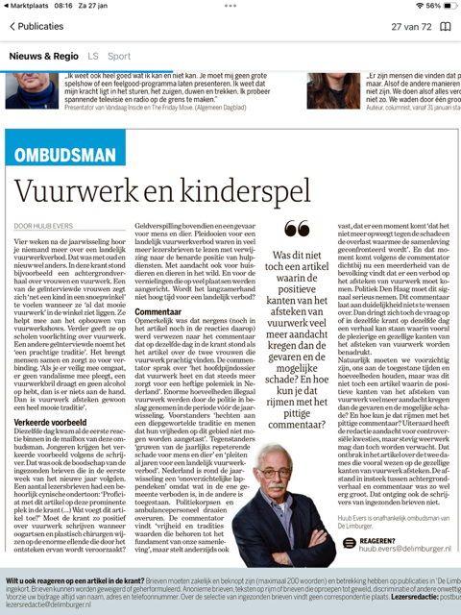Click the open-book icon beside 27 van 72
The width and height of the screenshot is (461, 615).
[445, 27]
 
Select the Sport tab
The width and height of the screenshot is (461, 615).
[119, 57]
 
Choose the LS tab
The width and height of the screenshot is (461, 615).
[93, 57]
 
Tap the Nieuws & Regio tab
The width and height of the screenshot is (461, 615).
[45, 57]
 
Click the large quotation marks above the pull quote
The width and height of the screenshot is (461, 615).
[297, 230]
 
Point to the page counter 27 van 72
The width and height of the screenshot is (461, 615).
[411, 27]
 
